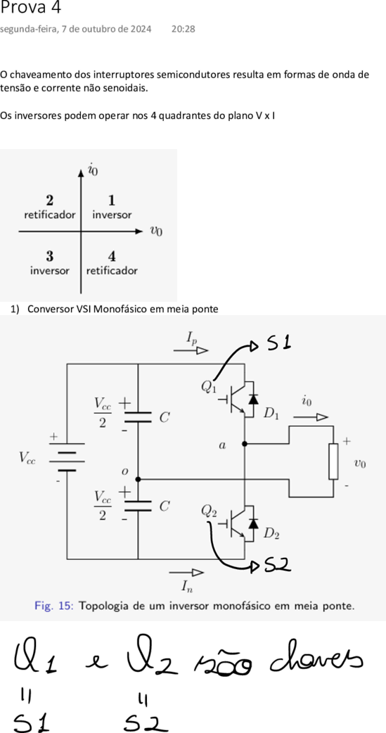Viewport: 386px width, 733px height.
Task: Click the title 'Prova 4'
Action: pos(30,8)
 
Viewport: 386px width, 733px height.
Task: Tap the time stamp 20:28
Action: pos(184,29)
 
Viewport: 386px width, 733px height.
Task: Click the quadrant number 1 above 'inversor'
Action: pos(112,200)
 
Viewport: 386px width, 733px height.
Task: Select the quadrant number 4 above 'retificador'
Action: pos(112,256)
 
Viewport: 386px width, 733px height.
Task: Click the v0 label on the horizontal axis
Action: pos(156,231)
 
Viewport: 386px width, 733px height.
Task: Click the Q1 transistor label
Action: pos(209,387)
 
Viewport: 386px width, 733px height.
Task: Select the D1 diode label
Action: pos(271,414)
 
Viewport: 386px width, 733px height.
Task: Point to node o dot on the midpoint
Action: pos(139,479)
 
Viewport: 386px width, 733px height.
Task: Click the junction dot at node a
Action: pos(245,444)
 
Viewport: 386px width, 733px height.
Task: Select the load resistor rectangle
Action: pos(333,461)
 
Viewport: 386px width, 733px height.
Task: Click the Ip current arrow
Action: pos(191,350)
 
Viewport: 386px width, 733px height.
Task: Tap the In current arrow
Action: pos(186,571)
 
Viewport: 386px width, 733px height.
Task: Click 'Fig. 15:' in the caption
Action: pos(54,606)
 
